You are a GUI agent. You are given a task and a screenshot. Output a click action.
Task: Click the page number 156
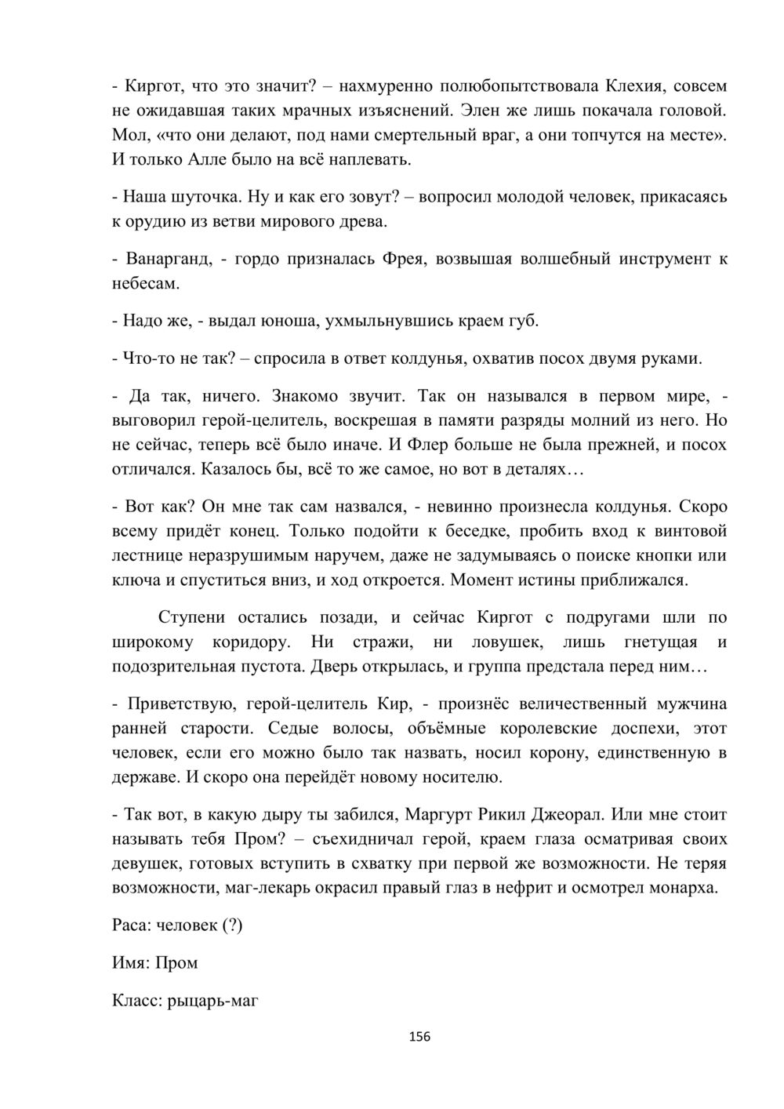(x=420, y=1037)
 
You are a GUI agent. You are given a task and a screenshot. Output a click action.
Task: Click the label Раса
(x=129, y=925)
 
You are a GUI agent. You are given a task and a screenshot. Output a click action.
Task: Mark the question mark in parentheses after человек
(x=232, y=925)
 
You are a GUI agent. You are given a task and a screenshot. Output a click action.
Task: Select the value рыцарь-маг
(x=212, y=1000)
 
